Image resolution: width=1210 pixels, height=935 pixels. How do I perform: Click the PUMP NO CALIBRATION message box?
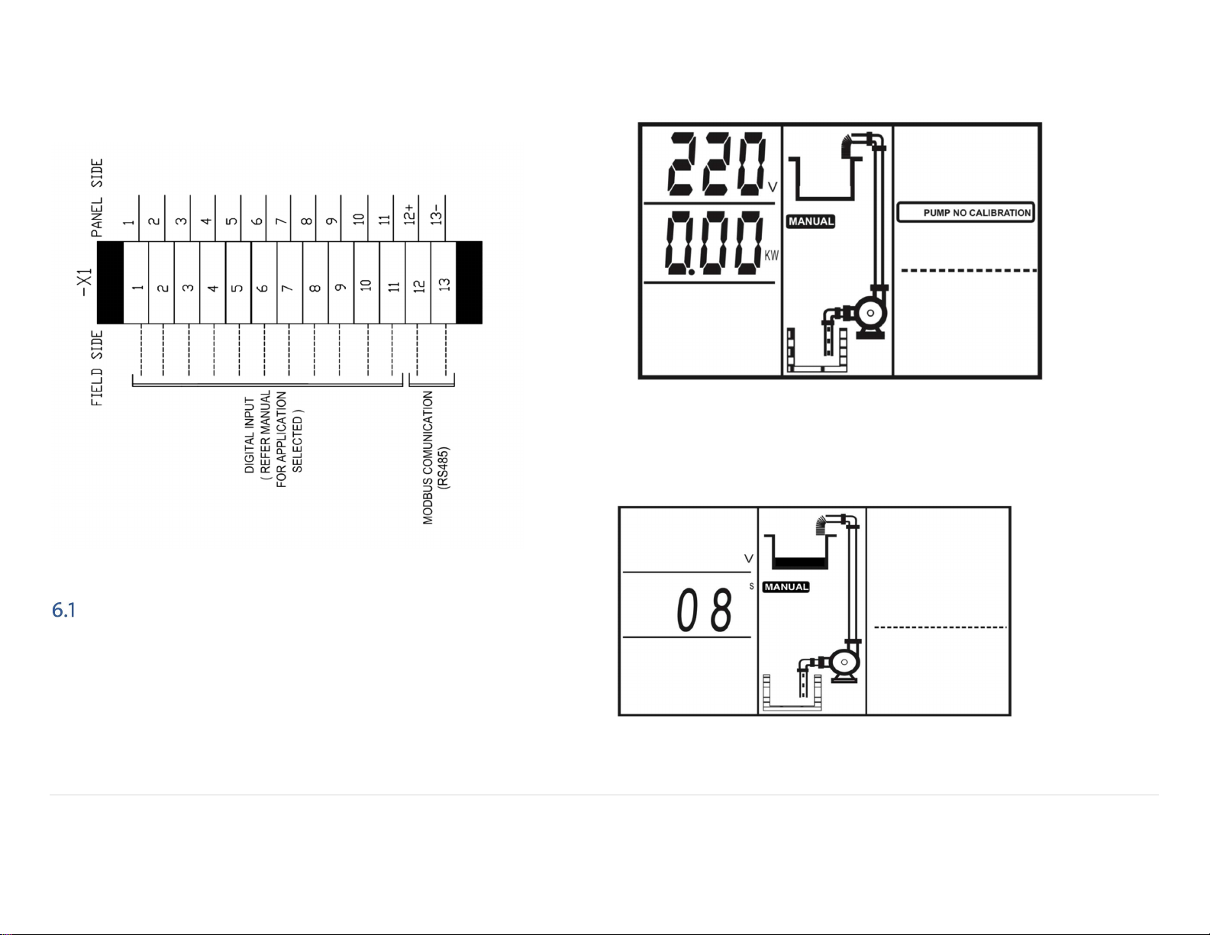[966, 212]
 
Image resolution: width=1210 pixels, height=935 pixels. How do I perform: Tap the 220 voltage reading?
[717, 164]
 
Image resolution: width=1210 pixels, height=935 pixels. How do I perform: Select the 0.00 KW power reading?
[713, 243]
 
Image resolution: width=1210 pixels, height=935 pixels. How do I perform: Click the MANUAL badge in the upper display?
[811, 221]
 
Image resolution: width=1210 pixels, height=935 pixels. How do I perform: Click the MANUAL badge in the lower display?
[786, 587]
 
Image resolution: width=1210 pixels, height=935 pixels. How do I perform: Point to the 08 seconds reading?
[705, 611]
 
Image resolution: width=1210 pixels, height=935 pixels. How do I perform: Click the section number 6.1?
[63, 610]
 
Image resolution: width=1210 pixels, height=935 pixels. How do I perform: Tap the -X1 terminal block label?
[85, 282]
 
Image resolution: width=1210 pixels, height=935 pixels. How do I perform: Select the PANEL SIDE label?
[97, 198]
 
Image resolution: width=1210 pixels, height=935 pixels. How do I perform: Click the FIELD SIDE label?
[97, 368]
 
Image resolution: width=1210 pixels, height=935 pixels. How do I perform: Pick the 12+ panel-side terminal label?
[410, 214]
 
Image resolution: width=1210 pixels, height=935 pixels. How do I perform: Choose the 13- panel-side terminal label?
[437, 214]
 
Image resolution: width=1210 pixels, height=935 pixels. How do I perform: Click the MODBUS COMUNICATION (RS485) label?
[436, 457]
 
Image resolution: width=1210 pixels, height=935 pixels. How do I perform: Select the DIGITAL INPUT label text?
[250, 435]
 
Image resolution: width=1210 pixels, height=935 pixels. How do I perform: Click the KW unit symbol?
[771, 256]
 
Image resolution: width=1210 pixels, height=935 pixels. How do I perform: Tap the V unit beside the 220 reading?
[773, 187]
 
